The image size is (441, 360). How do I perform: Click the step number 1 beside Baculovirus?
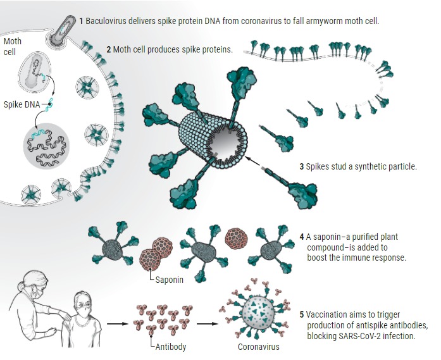pyautogui.click(x=81, y=21)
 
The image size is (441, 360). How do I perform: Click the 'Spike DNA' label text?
pyautogui.click(x=22, y=104)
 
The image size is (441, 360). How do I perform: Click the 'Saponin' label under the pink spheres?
pyautogui.click(x=170, y=280)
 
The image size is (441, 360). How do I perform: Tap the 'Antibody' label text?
pyautogui.click(x=171, y=347)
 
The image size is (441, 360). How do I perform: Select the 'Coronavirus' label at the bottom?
pyautogui.click(x=259, y=347)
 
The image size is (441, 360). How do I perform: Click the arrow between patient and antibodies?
pyautogui.click(x=118, y=324)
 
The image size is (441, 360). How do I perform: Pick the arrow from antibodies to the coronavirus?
pyautogui.click(x=208, y=324)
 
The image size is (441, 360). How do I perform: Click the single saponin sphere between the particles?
pyautogui.click(x=237, y=239)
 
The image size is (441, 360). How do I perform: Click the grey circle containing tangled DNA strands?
pyautogui.click(x=46, y=146)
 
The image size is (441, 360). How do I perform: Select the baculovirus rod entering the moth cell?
pyautogui.click(x=64, y=28)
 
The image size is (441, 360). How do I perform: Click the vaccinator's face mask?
pyautogui.click(x=38, y=291)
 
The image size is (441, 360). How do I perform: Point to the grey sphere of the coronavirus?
pyautogui.click(x=258, y=313)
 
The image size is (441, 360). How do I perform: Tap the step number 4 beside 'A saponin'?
pyautogui.click(x=302, y=237)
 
